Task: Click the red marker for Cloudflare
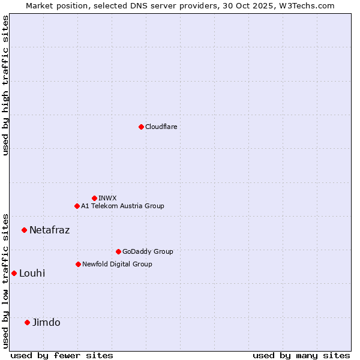(141, 127)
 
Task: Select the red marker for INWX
(94, 198)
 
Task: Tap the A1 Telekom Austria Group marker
(77, 206)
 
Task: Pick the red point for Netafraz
(24, 230)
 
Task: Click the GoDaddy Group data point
(118, 251)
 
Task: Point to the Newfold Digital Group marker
(78, 264)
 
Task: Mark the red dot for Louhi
(14, 273)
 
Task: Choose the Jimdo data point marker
(27, 322)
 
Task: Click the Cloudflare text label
(161, 127)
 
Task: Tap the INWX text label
(107, 198)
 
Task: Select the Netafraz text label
(49, 230)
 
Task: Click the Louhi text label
(32, 273)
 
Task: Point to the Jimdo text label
(46, 322)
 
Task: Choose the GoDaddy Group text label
(148, 251)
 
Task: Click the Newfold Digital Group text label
(117, 264)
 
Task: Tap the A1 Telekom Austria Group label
(122, 206)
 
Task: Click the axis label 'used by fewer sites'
(62, 355)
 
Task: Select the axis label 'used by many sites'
(301, 355)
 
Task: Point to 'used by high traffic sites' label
(6, 85)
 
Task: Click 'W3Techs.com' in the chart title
(310, 5)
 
